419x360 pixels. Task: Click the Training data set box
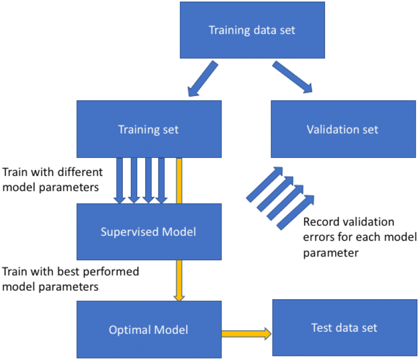coord(252,30)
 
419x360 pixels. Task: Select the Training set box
coord(149,129)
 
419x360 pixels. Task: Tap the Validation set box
coord(343,129)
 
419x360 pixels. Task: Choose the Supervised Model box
coord(149,232)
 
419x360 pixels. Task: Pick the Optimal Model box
coord(149,330)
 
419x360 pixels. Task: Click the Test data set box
coord(344,327)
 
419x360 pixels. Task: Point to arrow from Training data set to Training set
coord(201,78)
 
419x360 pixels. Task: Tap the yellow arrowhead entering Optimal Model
coord(179,296)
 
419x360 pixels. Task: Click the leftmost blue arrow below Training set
coord(120,181)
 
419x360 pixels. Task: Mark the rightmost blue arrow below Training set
coord(161,181)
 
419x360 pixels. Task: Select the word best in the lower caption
coord(59,271)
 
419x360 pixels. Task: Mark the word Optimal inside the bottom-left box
coord(129,330)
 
